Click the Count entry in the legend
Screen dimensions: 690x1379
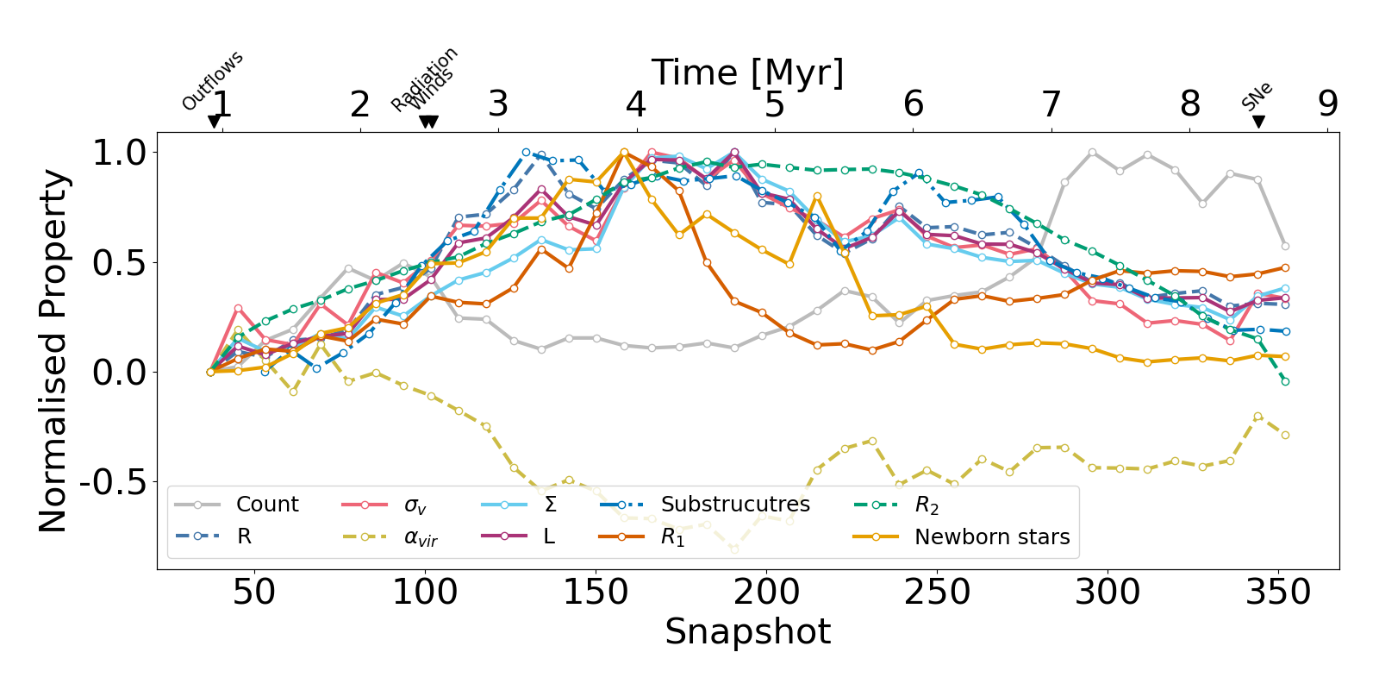[x=266, y=505]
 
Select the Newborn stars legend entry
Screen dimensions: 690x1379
[x=991, y=537]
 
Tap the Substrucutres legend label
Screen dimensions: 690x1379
[x=735, y=505]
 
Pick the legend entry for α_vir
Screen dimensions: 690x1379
[x=421, y=538]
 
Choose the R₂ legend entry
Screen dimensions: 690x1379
[x=927, y=505]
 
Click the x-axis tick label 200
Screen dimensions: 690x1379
[x=766, y=593]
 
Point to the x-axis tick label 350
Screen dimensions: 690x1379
[x=1279, y=593]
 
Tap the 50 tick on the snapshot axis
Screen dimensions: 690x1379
[x=254, y=593]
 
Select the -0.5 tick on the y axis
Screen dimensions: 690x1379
[x=113, y=482]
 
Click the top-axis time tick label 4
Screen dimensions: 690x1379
[x=636, y=104]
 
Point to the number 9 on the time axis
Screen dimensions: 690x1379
[x=1327, y=104]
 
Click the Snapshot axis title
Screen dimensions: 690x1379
[x=747, y=631]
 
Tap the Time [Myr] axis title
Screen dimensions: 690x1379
[x=747, y=73]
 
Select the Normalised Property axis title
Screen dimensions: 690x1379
[x=53, y=350]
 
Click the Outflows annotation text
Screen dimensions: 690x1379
[x=213, y=81]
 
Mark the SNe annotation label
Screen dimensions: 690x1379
[x=1257, y=97]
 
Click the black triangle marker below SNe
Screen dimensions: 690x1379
[x=1258, y=122]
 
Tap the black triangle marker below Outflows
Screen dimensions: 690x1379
[x=214, y=122]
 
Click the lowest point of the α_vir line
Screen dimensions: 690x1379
[x=734, y=549]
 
